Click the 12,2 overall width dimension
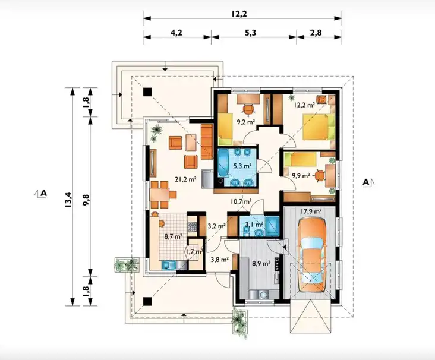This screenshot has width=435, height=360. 239,13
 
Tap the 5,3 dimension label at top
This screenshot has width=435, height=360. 250,33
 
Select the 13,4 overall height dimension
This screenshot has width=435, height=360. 68,200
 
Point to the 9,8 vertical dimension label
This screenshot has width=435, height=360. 86,200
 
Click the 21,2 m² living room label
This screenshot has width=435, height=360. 185,179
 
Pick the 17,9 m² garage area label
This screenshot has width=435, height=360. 311,211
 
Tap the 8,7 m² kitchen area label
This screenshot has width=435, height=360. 173,236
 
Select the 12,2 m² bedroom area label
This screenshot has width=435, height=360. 304,105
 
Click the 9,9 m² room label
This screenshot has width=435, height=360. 301,176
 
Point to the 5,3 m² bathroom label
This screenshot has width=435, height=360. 242,166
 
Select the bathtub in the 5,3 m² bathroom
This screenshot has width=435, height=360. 223,163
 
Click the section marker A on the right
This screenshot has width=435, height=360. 368,182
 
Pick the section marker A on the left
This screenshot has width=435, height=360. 41,193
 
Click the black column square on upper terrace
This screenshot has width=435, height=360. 147,92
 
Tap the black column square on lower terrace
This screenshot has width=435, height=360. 147,301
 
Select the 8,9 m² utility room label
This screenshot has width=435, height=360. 261,263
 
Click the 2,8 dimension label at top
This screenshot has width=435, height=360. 316,33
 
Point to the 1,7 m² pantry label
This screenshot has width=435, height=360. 194,251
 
